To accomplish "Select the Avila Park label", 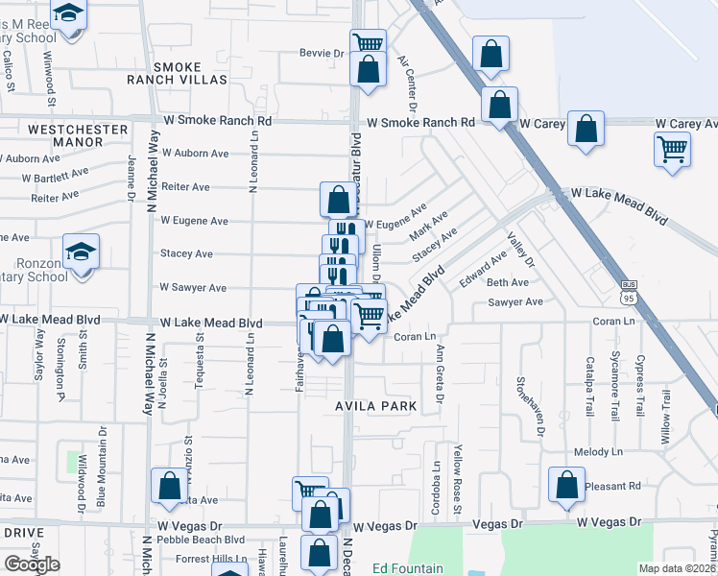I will [x=375, y=406].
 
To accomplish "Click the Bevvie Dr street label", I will [x=321, y=54].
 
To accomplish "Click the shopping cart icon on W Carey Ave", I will [x=672, y=150].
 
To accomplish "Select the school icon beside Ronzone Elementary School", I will [x=81, y=252].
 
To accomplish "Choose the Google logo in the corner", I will [x=32, y=564].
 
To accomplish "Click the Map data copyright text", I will [x=678, y=568].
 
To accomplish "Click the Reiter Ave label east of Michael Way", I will [x=186, y=187].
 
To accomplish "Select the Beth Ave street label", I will [x=508, y=283].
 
